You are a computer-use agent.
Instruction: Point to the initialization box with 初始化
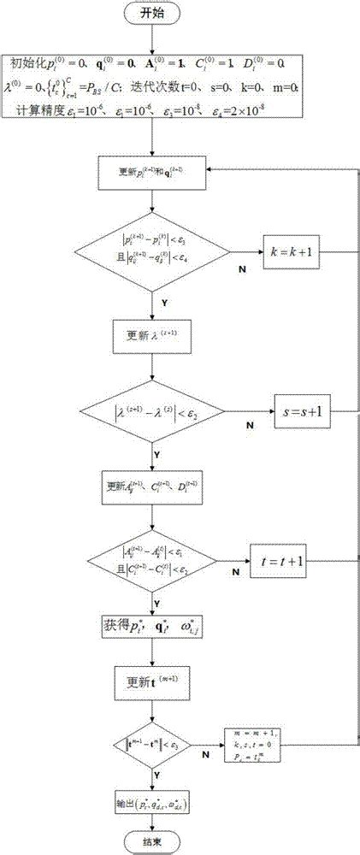pyautogui.click(x=153, y=86)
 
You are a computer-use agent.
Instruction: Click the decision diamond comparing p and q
pyautogui.click(x=153, y=253)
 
